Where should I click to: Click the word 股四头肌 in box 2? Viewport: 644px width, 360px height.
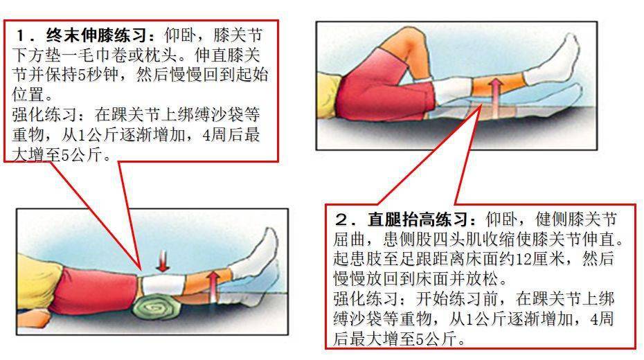472,240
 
